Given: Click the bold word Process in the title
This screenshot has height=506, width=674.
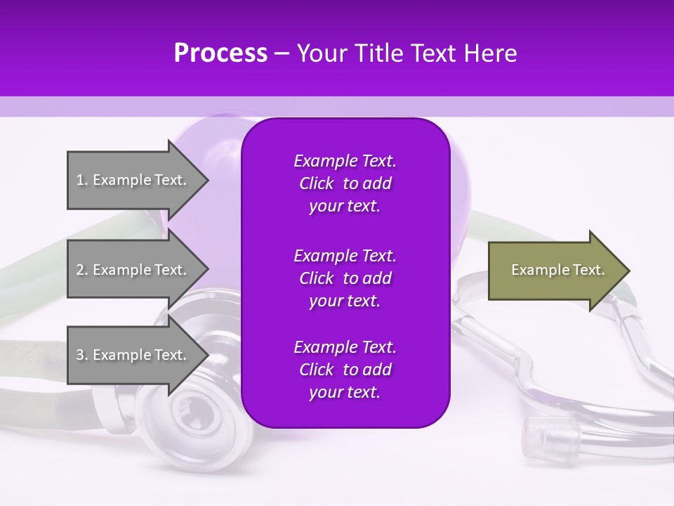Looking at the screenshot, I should coord(220,53).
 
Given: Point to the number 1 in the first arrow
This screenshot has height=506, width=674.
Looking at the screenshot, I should coord(80,180).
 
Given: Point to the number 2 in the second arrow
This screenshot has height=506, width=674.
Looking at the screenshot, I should coord(80,270).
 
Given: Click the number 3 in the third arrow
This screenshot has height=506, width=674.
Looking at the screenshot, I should coord(80,355).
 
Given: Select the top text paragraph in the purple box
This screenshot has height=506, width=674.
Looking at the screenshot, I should coord(345,183).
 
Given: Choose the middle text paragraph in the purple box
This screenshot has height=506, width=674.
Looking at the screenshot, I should coord(345,278).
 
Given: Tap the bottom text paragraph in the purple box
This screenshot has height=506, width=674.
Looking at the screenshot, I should coord(345,370).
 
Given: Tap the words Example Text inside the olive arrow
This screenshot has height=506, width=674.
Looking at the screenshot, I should coord(558,270).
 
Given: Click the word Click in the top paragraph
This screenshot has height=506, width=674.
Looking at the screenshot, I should coord(317,183).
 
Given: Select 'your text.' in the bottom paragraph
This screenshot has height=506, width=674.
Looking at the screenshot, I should coord(345,392).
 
